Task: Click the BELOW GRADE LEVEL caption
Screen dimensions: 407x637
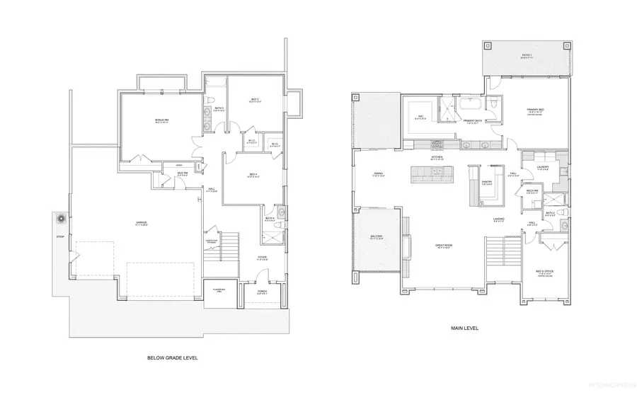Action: coord(172,358)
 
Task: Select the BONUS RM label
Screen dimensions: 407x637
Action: coord(162,120)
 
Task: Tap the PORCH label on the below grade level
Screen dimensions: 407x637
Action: coord(262,290)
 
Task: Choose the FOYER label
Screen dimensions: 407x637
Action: coord(262,258)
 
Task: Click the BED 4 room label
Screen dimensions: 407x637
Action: coord(253,175)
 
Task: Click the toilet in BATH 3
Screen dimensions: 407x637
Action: coord(212,99)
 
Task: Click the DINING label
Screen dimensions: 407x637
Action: coord(378,174)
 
